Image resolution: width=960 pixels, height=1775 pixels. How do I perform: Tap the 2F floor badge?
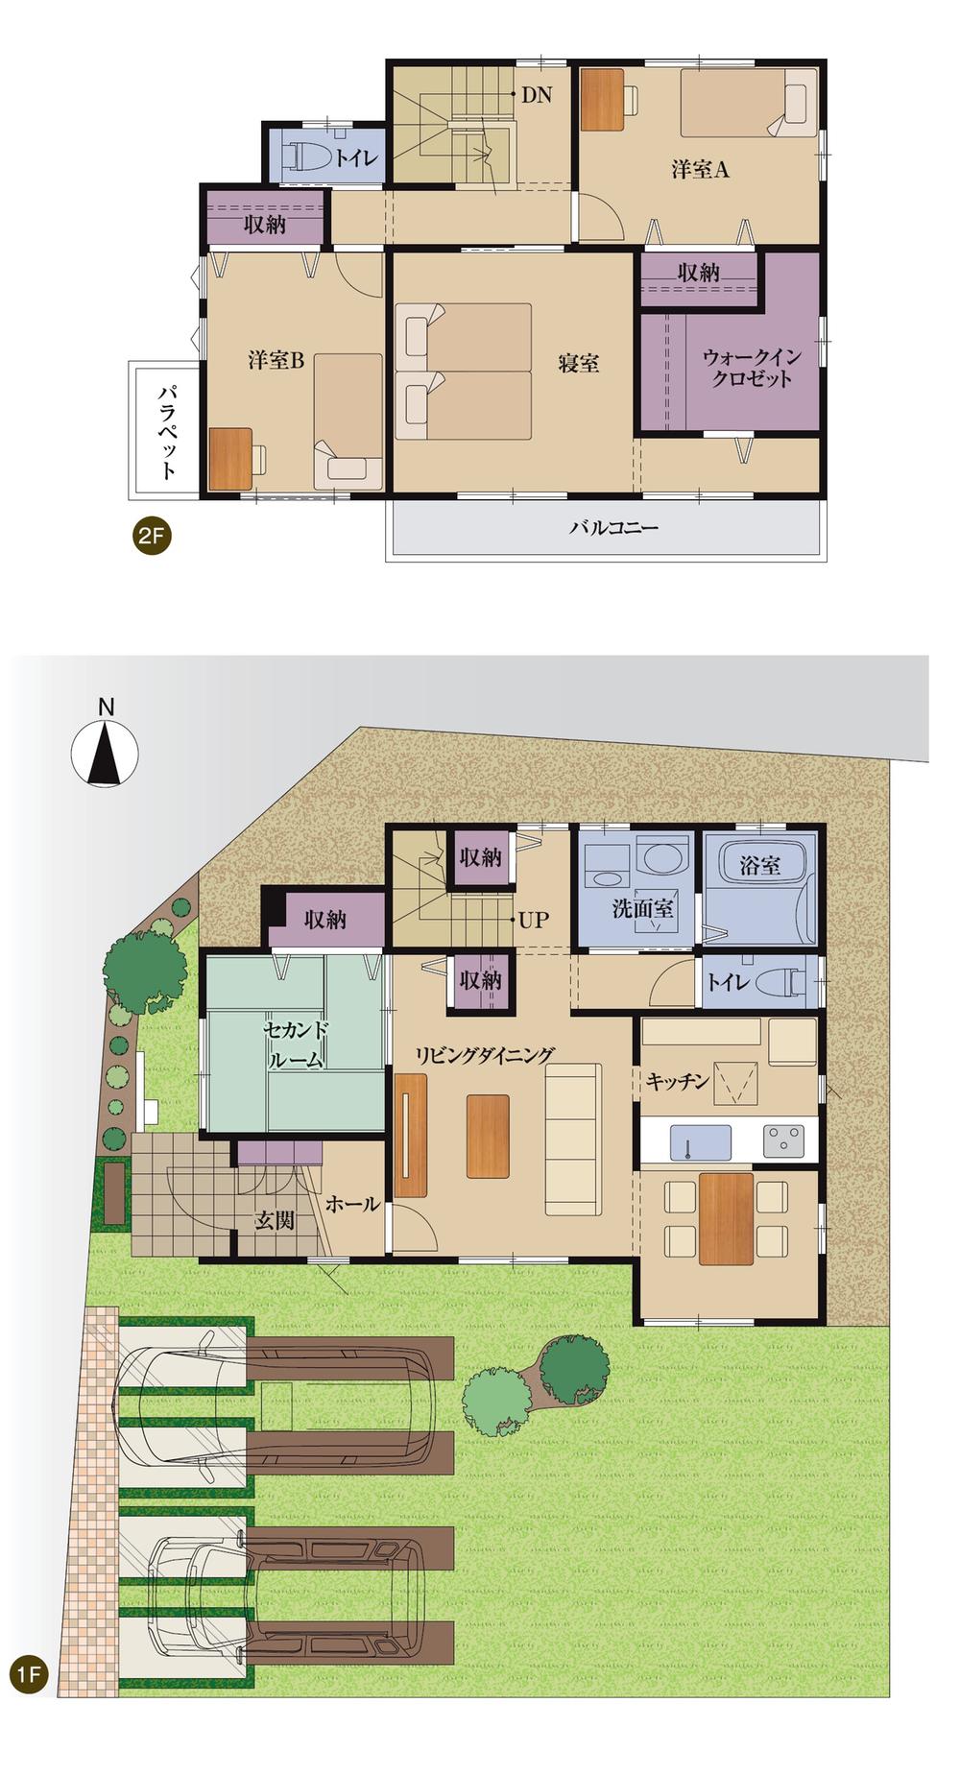click(152, 537)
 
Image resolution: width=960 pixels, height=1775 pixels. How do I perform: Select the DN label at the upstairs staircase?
click(537, 95)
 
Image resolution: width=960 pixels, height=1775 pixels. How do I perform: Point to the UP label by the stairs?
click(533, 920)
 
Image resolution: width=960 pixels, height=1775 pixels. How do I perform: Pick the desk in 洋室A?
click(602, 99)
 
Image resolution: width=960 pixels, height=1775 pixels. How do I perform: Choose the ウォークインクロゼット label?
click(752, 368)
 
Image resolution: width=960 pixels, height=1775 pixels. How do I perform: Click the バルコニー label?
click(614, 527)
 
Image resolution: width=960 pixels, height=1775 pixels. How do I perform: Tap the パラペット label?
click(167, 431)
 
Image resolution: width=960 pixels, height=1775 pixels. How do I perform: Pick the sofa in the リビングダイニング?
click(573, 1139)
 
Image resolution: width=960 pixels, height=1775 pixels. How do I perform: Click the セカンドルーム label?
click(297, 1045)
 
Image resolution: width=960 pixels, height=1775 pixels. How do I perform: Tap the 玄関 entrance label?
click(275, 1220)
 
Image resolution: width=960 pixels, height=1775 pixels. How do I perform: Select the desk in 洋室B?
click(230, 460)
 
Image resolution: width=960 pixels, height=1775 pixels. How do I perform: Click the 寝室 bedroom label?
click(579, 363)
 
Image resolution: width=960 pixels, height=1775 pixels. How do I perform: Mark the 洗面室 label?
click(642, 907)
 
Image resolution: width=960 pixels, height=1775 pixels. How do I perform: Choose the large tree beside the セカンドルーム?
click(145, 971)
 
